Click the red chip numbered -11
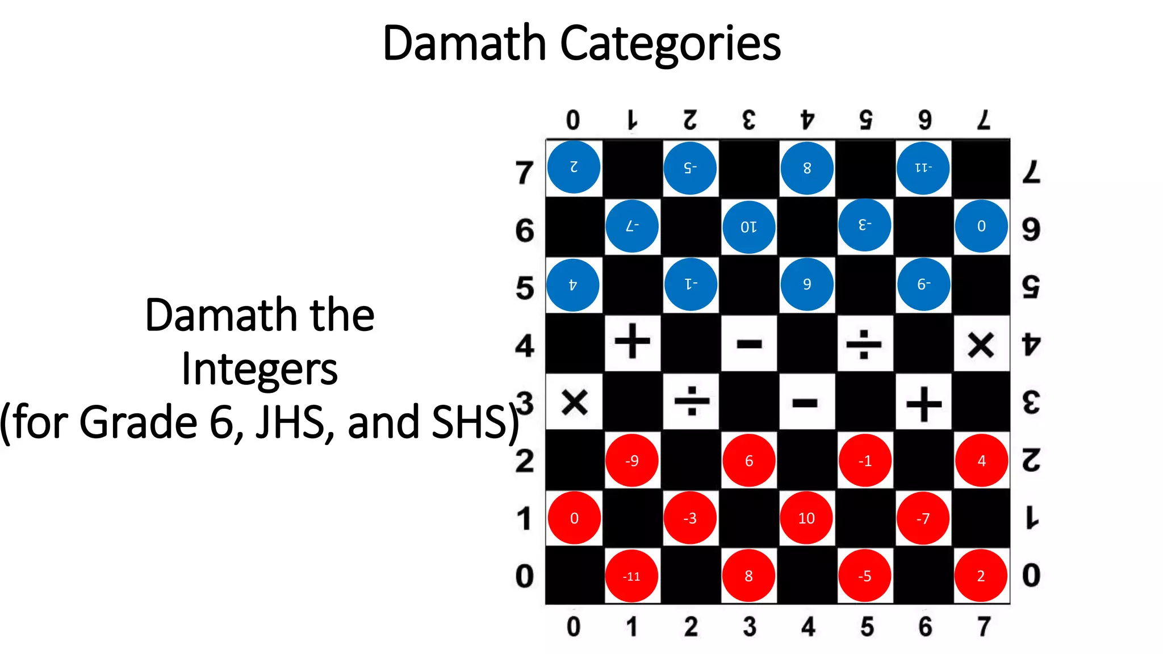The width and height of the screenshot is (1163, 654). [x=631, y=576]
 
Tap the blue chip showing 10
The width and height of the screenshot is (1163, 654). [x=748, y=227]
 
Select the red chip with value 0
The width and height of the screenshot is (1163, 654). [x=574, y=518]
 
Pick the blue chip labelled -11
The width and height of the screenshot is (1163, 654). [x=923, y=168]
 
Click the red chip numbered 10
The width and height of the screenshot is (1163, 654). [x=806, y=518]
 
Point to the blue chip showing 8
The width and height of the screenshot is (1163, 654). [x=807, y=168]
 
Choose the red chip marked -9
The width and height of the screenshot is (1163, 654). [x=632, y=460]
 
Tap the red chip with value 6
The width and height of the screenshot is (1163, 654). [x=748, y=460]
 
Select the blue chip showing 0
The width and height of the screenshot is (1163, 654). [x=981, y=226]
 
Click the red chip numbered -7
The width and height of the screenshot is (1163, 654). [x=923, y=518]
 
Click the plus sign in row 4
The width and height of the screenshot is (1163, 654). [x=633, y=342]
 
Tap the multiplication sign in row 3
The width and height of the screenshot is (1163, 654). [x=575, y=403]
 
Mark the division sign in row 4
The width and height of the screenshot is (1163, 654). [x=864, y=344]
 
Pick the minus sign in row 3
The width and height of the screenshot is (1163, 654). [x=805, y=403]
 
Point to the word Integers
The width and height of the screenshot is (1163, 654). [x=260, y=369]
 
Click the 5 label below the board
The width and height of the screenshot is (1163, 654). [x=867, y=626]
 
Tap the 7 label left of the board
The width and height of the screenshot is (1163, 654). [x=525, y=173]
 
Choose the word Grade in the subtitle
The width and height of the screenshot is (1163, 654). [x=139, y=422]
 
